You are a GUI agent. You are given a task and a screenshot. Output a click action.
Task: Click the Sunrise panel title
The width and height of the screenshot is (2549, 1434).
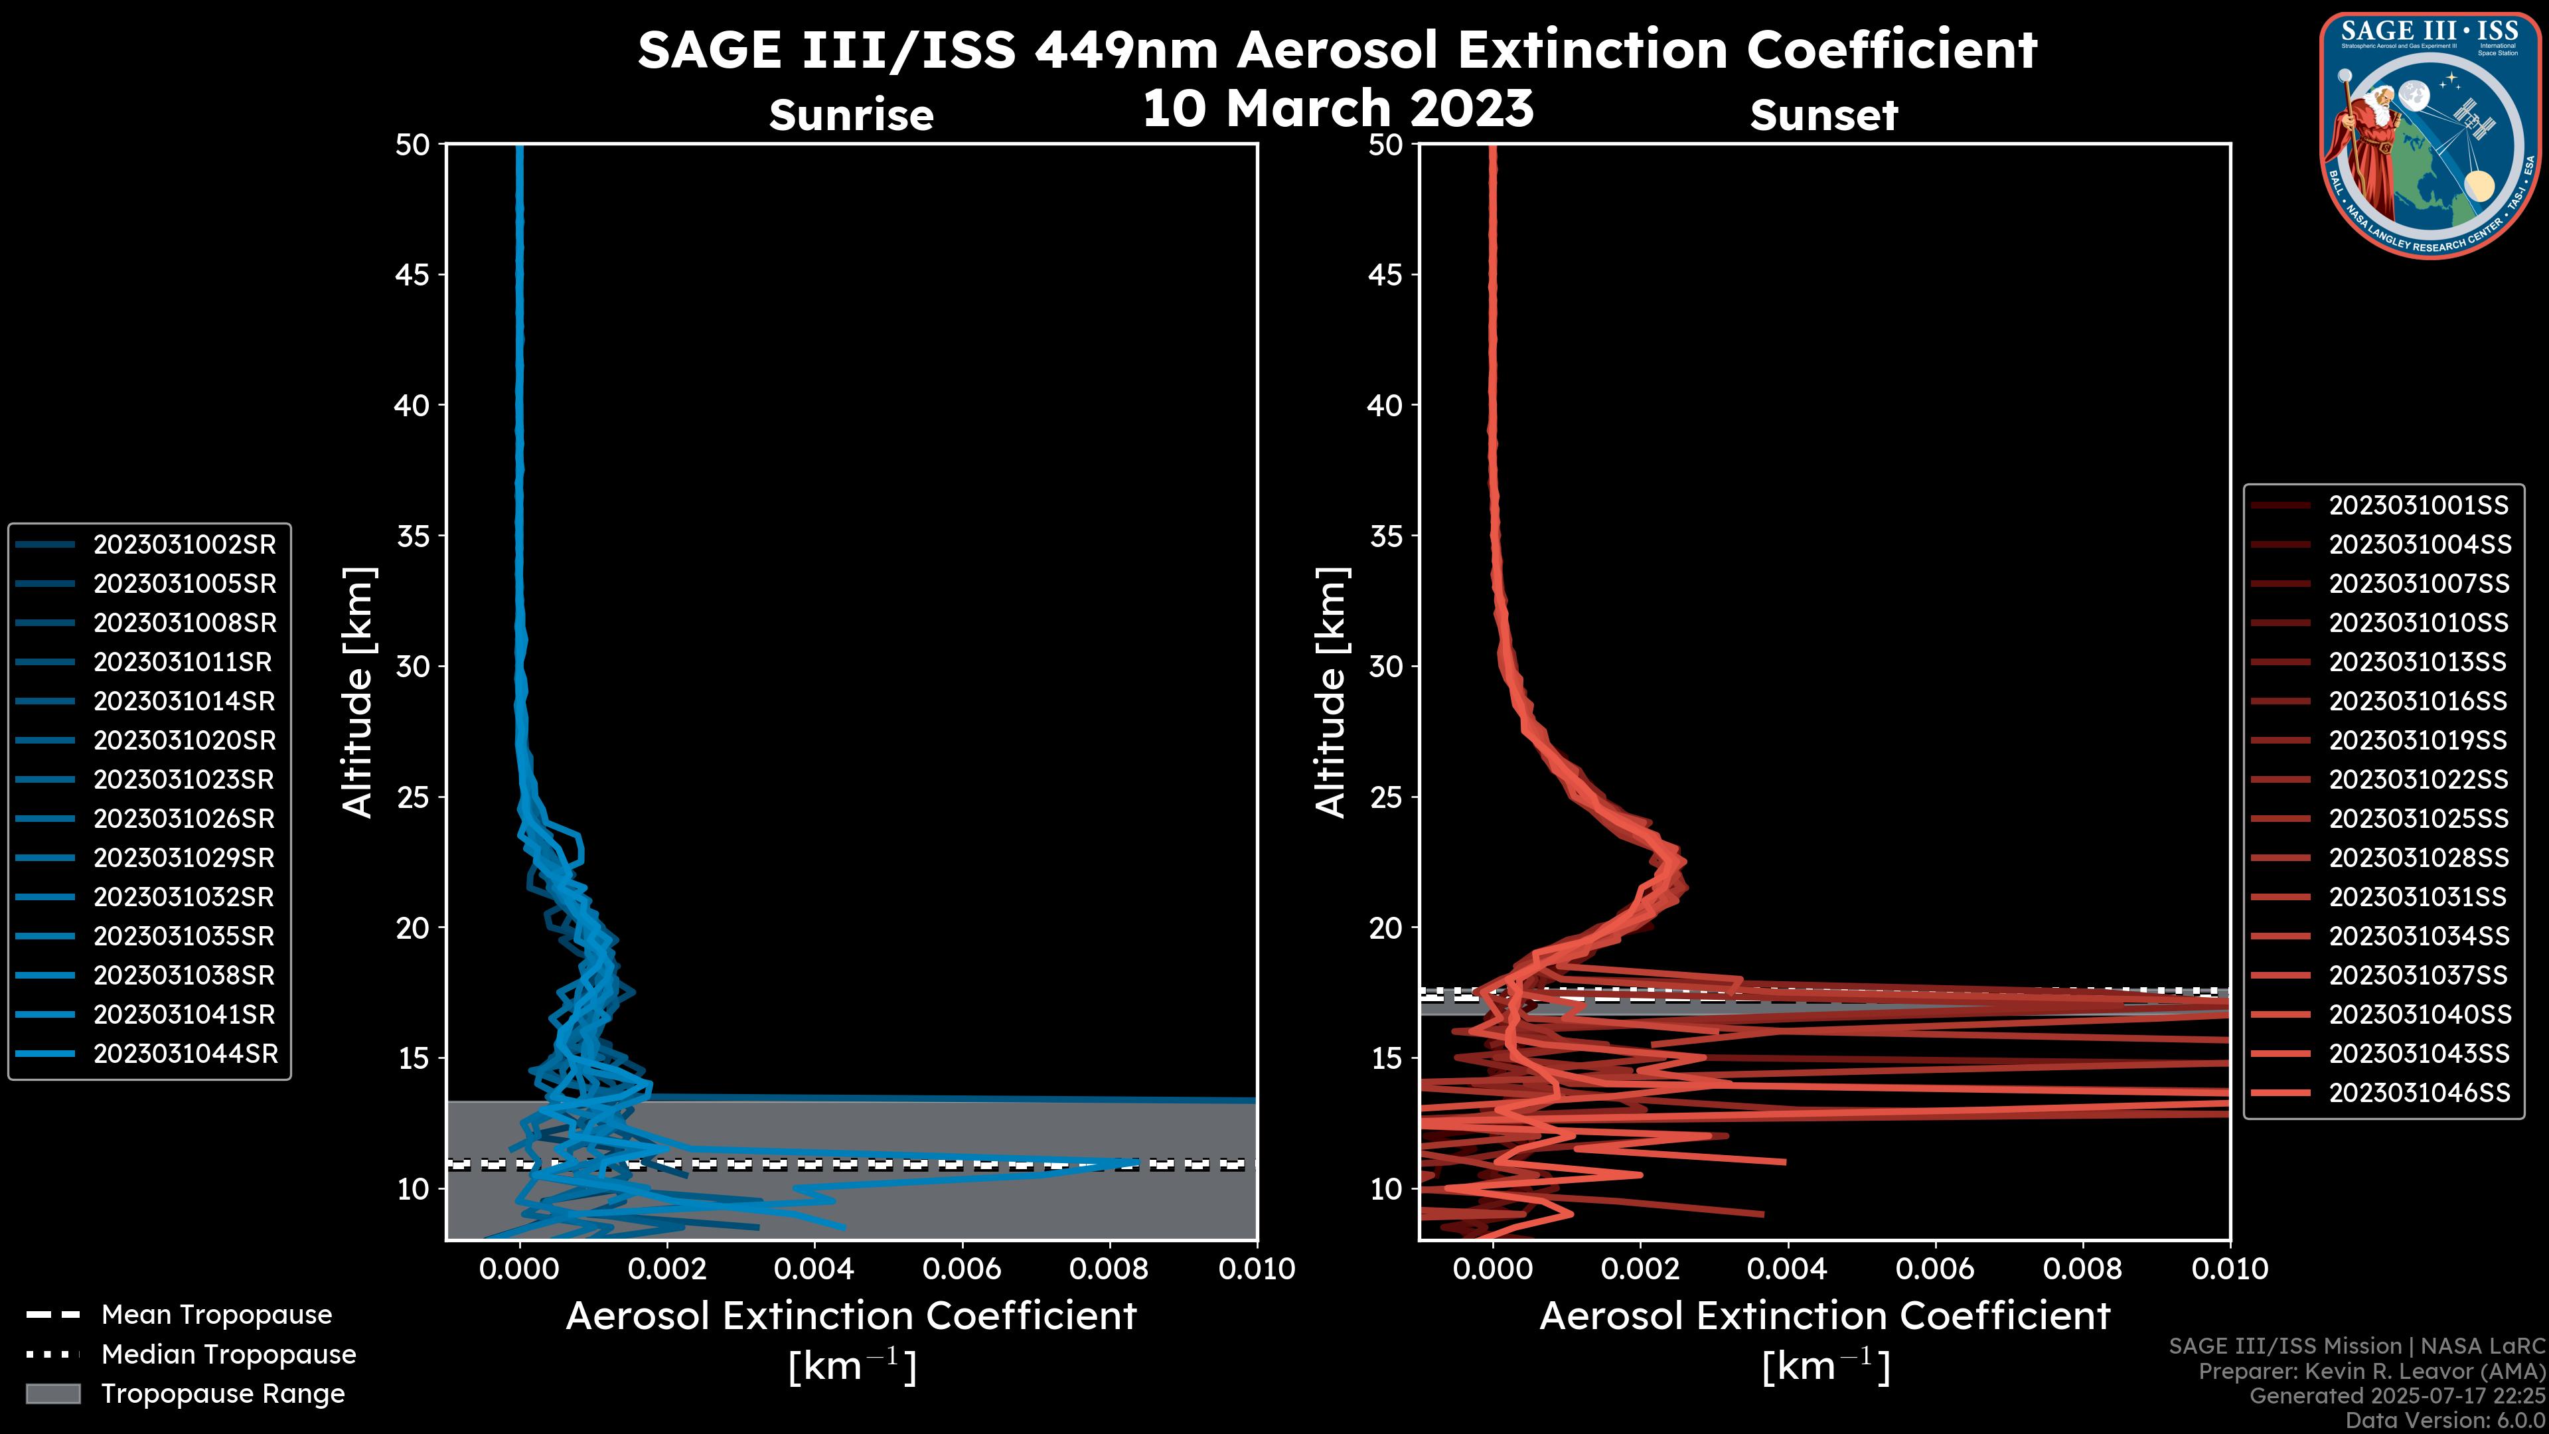point(851,115)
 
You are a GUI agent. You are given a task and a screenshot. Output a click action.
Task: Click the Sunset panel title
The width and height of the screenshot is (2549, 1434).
point(1823,115)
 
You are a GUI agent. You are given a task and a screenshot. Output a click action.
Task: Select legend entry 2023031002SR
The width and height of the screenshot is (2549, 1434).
point(184,544)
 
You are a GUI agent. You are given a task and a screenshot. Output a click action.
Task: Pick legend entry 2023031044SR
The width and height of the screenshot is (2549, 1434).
point(185,1054)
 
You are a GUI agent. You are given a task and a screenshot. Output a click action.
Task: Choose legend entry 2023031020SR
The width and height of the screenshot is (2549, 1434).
point(184,740)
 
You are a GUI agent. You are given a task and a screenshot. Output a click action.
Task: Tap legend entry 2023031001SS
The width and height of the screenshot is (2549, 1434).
point(2418,506)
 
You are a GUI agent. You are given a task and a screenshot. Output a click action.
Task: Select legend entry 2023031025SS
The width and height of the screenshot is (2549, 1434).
point(2418,819)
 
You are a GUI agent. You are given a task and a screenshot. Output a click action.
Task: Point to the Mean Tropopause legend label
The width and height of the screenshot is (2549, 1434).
point(216,1315)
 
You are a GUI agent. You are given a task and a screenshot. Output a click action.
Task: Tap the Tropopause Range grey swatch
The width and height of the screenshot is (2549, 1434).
point(53,1394)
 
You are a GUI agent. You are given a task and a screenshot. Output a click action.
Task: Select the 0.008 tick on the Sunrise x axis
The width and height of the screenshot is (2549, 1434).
point(1109,1269)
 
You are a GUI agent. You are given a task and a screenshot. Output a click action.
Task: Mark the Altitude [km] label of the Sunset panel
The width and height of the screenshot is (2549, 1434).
point(1331,692)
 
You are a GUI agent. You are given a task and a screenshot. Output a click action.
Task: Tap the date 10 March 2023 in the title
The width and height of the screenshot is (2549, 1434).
point(1338,108)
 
